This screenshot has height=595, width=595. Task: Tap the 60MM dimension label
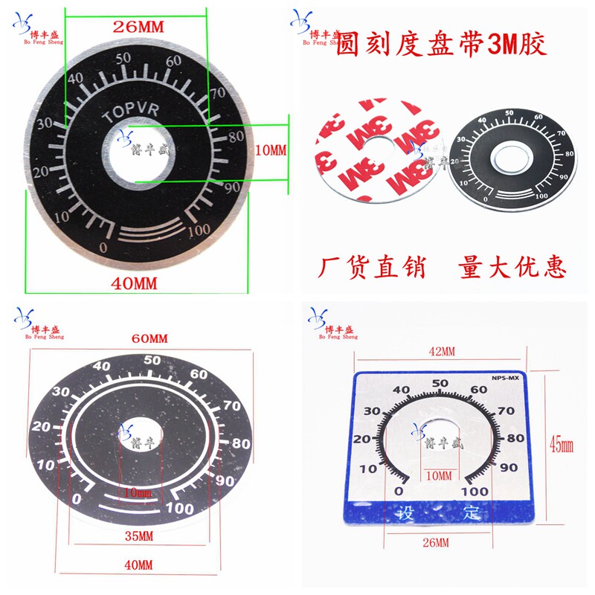coord(149,338)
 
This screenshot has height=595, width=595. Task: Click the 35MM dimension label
coord(139,536)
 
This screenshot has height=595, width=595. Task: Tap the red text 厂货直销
coord(372,267)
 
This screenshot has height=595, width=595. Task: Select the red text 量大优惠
coord(512,267)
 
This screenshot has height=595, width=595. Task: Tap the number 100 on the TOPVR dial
coord(199,230)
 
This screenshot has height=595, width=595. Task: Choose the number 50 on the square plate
coord(440,383)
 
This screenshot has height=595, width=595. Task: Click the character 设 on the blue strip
coord(405,512)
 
